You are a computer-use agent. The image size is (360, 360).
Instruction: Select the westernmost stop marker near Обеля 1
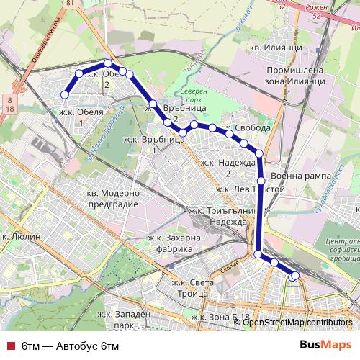[x=65, y=94]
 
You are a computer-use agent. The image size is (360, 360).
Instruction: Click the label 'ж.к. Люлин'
[x=22, y=235]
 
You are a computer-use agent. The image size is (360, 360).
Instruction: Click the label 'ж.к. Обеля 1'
[x=78, y=117]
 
